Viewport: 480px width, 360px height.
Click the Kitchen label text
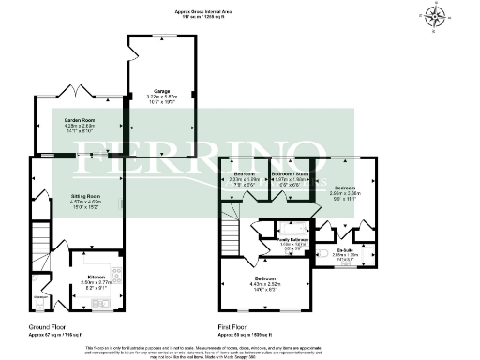[x=96, y=277]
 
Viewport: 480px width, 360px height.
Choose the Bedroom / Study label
[x=288, y=174]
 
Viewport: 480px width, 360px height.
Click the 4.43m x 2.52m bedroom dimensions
[x=265, y=284]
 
